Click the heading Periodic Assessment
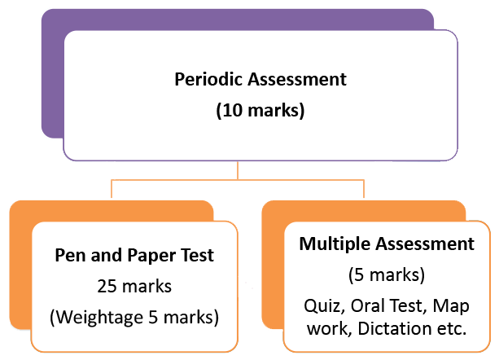[260, 80]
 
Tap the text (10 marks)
[260, 110]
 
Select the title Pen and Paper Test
[134, 256]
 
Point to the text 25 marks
[134, 286]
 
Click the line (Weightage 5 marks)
[134, 316]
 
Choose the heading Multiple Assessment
[387, 244]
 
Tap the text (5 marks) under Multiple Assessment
[387, 274]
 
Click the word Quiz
[322, 306]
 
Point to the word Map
[452, 306]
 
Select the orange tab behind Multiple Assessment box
[273, 269]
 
